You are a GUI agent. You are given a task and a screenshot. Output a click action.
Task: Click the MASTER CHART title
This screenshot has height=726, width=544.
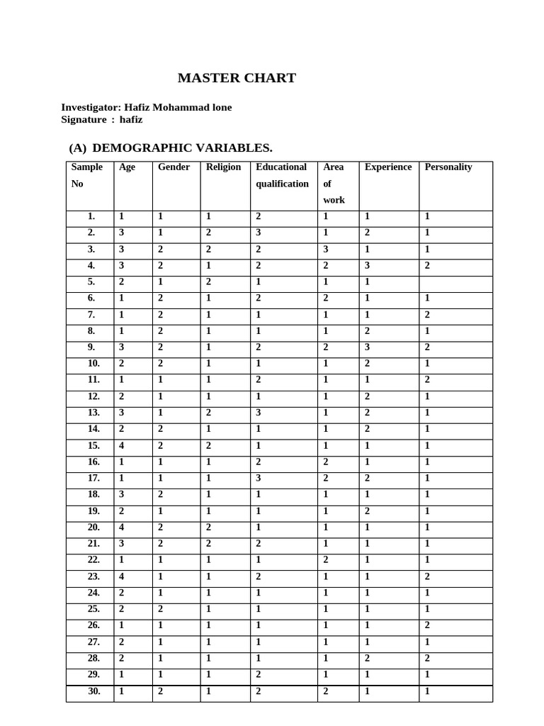coord(237,78)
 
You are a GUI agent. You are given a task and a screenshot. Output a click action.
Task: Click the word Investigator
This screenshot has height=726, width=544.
coord(91,107)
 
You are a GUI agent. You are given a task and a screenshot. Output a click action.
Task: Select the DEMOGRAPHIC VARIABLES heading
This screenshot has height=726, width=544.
coord(182,147)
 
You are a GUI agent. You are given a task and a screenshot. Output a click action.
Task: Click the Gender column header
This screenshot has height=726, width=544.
coord(174,167)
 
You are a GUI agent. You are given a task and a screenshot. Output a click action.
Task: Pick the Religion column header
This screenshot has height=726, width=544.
coord(223,167)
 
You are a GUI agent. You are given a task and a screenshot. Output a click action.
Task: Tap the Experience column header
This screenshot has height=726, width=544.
coord(387,167)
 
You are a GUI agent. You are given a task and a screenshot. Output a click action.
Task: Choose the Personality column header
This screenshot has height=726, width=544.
coord(448,167)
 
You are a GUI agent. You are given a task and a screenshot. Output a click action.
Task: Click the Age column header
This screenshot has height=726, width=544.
coord(127,167)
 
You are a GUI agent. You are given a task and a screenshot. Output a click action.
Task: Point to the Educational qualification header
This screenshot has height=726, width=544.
coord(282,175)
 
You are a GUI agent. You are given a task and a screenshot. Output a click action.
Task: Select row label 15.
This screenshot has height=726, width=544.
coord(93,445)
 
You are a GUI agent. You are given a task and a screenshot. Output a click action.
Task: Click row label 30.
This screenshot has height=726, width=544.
coord(93,691)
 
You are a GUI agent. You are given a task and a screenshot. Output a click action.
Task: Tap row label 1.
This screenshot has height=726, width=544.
coord(91,216)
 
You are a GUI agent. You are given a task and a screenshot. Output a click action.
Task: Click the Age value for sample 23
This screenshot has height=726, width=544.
coord(122,576)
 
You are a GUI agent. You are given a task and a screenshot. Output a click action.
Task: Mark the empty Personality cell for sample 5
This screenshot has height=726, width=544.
coord(455,281)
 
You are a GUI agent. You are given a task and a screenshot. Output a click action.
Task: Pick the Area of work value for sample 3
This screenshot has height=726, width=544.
coord(326,249)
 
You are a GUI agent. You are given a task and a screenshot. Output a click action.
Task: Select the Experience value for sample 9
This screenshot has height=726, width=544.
coord(367,347)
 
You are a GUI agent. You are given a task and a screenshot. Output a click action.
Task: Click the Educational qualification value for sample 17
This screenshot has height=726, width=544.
coord(259,478)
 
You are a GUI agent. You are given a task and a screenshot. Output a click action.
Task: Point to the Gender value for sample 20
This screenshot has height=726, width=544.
coord(161,527)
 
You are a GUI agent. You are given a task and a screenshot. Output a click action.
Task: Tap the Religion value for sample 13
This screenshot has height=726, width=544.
coord(208,413)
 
